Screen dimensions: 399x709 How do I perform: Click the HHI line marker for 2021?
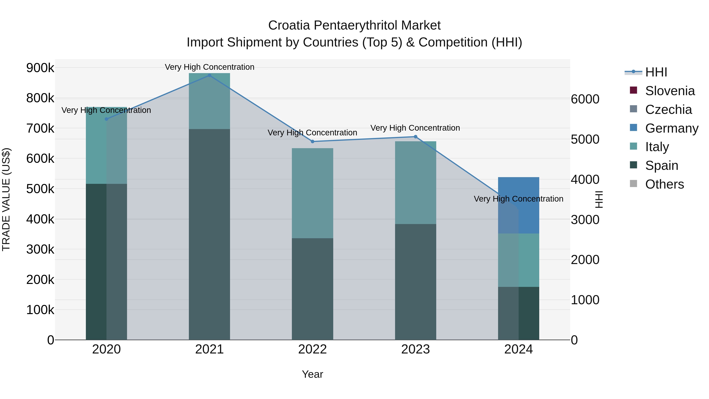coord(210,75)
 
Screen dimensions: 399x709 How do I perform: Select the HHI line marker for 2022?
coord(312,141)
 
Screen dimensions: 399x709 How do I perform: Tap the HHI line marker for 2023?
coord(416,137)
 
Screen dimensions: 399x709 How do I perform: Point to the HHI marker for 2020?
coord(107,119)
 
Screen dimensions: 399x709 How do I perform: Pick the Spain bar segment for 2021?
coord(210,234)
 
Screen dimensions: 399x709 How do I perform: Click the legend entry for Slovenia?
coord(669,91)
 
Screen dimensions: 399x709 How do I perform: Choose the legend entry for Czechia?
coord(668,110)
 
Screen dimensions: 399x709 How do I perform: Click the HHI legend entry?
coord(656,72)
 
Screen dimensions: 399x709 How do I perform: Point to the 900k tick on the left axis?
coord(40,68)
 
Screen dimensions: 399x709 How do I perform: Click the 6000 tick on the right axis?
coord(585,99)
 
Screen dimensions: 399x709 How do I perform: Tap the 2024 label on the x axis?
coord(519,349)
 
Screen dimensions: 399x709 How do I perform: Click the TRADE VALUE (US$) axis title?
coord(6,199)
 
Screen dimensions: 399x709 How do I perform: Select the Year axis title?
coord(312,374)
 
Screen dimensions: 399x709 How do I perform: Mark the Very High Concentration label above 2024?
coord(519,199)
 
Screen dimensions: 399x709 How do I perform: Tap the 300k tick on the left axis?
coord(40,249)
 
